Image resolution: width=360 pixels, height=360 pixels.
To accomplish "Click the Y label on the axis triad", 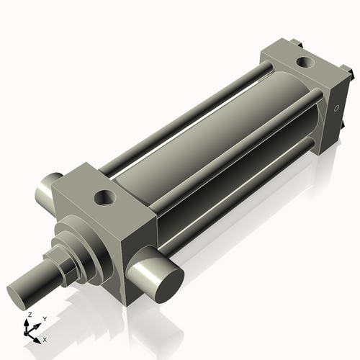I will pos(44,318).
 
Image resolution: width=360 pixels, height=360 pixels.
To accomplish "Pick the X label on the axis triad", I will pos(45,338).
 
